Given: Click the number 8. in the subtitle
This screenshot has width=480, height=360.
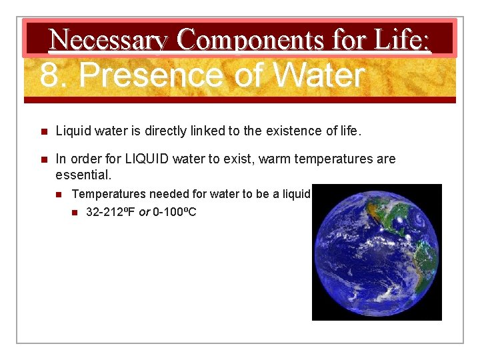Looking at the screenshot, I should pyautogui.click(x=55, y=75).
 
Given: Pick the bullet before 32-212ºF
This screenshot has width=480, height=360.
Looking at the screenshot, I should pyautogui.click(x=75, y=213).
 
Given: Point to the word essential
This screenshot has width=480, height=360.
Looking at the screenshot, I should pyautogui.click(x=83, y=175).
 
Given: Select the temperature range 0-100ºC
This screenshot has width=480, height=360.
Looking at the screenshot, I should pyautogui.click(x=174, y=213).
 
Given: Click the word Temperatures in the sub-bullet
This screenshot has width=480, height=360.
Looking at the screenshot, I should pyautogui.click(x=109, y=195).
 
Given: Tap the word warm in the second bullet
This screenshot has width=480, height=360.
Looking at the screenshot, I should pyautogui.click(x=267, y=159).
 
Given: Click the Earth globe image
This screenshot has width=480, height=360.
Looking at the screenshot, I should pyautogui.click(x=377, y=252).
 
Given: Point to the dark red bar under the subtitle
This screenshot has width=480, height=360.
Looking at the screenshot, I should pyautogui.click(x=240, y=100).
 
